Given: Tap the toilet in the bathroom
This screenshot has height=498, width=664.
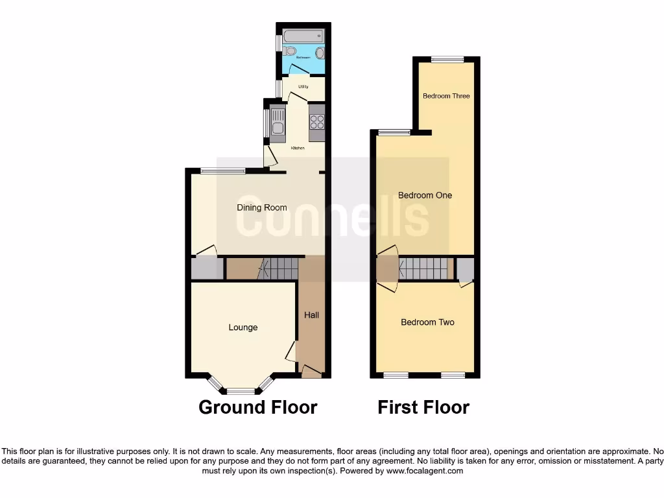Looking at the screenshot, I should (289, 51).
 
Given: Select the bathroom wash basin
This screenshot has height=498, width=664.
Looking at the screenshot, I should (320, 53).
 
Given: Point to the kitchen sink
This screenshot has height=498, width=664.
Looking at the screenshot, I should (277, 124).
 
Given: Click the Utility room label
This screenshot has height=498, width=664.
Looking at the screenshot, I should (303, 87).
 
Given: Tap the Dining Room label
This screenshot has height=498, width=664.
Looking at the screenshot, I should (261, 207).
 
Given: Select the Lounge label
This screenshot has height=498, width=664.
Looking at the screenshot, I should (243, 327).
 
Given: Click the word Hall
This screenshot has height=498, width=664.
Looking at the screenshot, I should (312, 315).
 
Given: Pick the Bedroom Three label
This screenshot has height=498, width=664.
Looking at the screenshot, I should (446, 96).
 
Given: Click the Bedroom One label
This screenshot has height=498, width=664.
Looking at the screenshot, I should (425, 195).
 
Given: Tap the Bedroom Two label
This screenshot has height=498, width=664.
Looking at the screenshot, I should (427, 322).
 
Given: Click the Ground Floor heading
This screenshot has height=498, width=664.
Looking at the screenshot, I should (257, 407).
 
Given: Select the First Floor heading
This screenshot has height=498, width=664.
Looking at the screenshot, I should (423, 407).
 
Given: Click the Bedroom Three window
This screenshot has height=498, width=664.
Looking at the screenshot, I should (448, 60).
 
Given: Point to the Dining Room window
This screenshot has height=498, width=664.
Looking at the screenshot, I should (222, 171).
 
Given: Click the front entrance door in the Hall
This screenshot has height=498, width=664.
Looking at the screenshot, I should (311, 372).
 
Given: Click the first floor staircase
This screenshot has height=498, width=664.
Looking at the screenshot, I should (425, 267).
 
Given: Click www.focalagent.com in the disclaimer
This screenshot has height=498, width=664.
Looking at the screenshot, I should (425, 471).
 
